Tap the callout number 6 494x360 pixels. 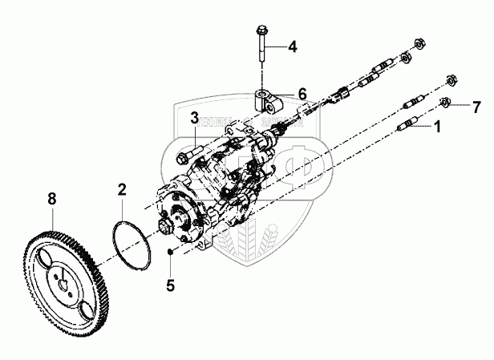pos(302,94)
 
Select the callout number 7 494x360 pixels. pos(476,107)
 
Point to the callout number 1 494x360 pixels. pos(437,126)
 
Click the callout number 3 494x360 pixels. pos(194,119)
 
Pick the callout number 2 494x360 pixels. pos(121,190)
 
